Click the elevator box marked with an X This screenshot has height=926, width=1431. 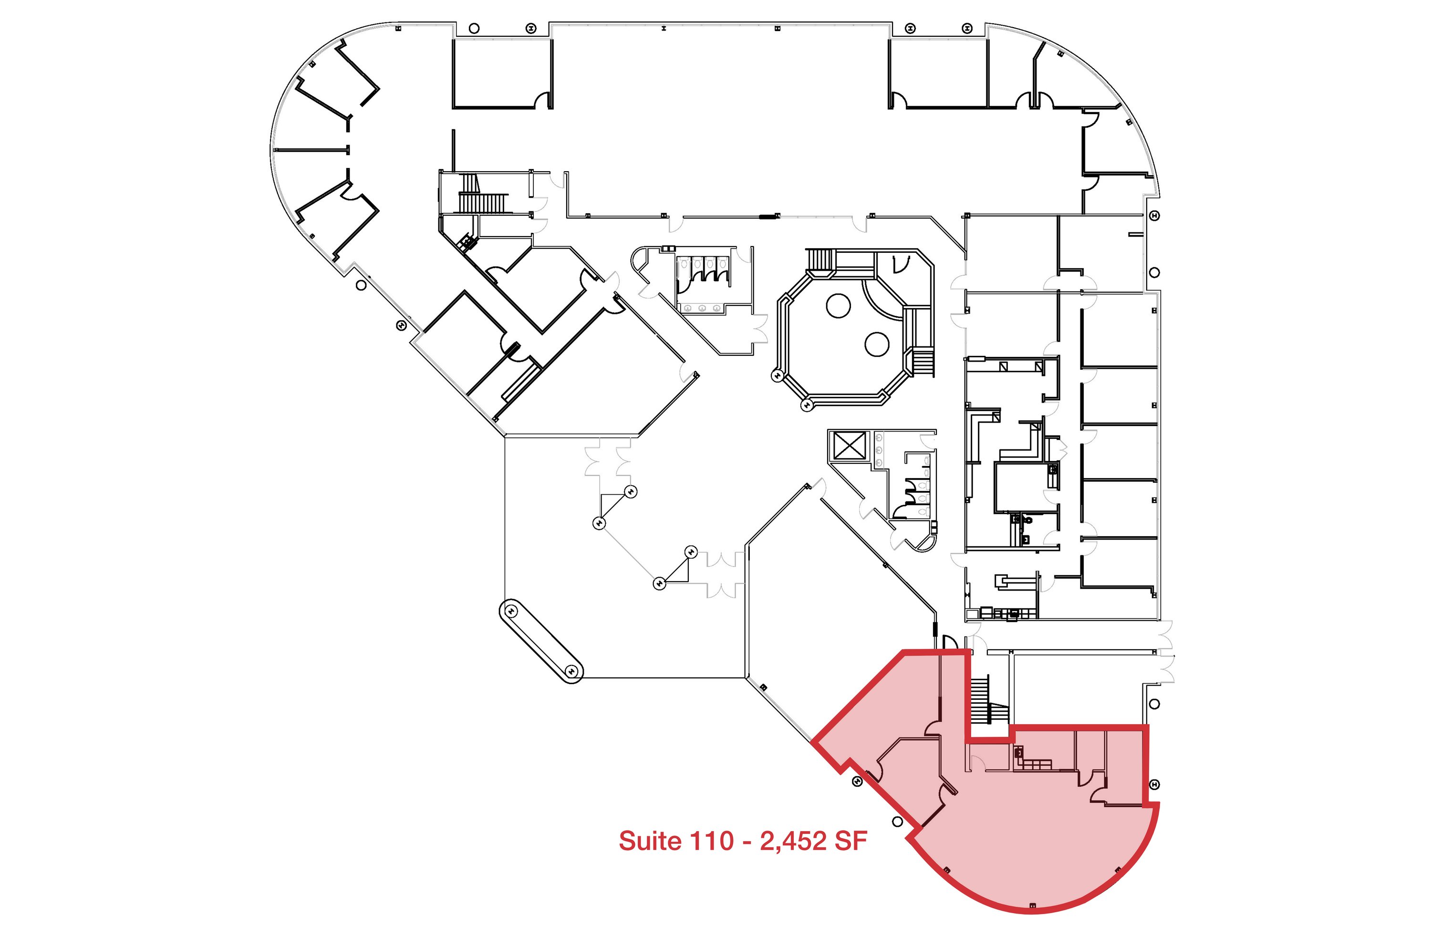[850, 446]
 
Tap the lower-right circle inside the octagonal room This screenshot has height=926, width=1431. [877, 344]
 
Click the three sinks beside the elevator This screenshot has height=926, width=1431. [879, 450]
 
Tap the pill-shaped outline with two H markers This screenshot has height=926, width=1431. [541, 641]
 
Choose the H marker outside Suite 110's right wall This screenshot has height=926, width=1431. [1154, 785]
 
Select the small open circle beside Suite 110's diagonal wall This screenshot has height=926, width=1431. [897, 822]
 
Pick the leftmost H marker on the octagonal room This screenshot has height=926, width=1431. [777, 376]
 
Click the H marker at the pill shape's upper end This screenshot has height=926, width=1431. [512, 611]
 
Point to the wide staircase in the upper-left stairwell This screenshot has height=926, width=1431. [483, 203]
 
